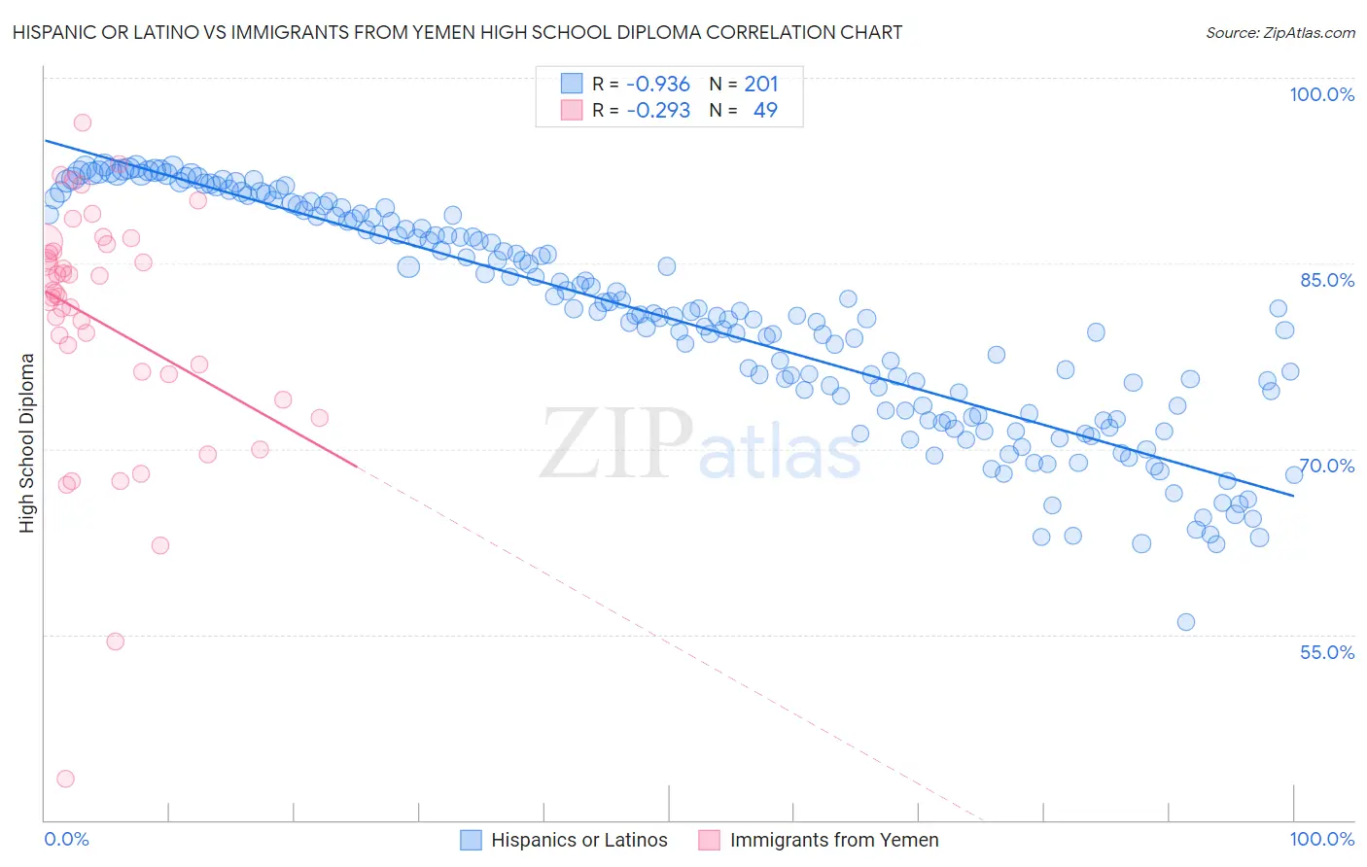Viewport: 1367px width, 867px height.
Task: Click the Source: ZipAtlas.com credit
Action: pyautogui.click(x=1279, y=32)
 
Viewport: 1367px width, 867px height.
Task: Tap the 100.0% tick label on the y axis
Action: pyautogui.click(x=1321, y=94)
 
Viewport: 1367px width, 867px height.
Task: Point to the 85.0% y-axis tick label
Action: pyautogui.click(x=1327, y=280)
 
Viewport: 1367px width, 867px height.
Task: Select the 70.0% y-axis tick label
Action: pyautogui.click(x=1327, y=466)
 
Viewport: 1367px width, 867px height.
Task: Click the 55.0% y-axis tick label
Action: pyautogui.click(x=1327, y=652)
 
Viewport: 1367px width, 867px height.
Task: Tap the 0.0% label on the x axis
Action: pyautogui.click(x=66, y=839)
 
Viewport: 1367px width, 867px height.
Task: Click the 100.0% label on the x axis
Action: pyautogui.click(x=1321, y=839)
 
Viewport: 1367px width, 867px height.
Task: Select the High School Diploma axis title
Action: pyautogui.click(x=26, y=442)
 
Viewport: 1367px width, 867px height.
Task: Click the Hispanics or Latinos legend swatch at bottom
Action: pyautogui.click(x=472, y=840)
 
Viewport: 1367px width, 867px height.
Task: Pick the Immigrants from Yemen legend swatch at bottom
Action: pyautogui.click(x=710, y=840)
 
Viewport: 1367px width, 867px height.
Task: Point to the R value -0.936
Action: pyautogui.click(x=658, y=85)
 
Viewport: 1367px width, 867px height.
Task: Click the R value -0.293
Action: pyautogui.click(x=658, y=111)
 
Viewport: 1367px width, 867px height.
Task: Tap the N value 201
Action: pyautogui.click(x=761, y=85)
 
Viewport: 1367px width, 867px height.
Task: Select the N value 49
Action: pyautogui.click(x=765, y=111)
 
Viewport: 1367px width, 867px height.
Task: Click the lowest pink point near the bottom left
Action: pyautogui.click(x=65, y=779)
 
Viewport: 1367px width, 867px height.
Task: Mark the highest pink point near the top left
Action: pyautogui.click(x=83, y=122)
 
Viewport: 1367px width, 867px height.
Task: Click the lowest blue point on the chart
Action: pyautogui.click(x=1185, y=622)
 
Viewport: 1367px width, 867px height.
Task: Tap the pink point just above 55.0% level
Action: pyautogui.click(x=115, y=642)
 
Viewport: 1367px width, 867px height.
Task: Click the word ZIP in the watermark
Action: pyautogui.click(x=616, y=444)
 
